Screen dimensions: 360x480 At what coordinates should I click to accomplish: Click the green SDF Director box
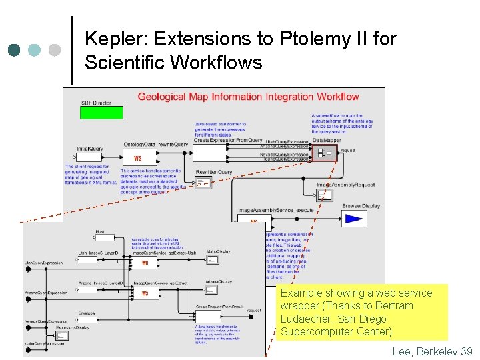97,112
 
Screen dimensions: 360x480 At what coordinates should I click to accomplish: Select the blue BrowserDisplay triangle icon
353,219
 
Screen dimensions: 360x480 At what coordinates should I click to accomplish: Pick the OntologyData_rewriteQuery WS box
139,158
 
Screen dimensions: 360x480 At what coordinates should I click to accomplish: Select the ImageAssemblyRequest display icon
325,194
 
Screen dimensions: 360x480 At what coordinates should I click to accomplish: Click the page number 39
466,351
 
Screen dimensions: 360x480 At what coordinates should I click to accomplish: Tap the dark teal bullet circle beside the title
14,50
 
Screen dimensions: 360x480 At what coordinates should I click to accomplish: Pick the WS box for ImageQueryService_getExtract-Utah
145,263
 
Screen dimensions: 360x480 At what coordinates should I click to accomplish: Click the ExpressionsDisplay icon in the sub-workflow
62,335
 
